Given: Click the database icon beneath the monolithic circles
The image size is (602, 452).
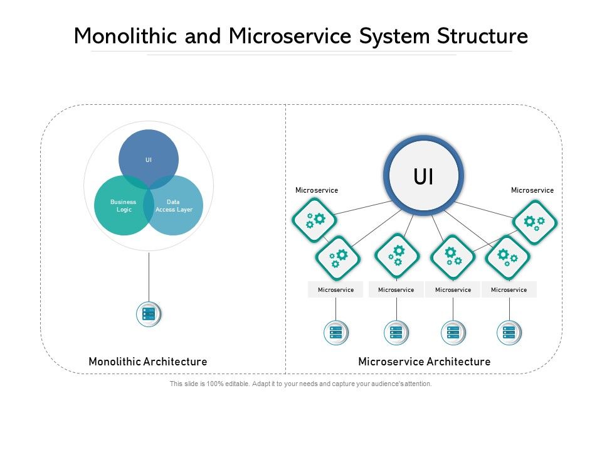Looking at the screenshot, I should pyautogui.click(x=149, y=314).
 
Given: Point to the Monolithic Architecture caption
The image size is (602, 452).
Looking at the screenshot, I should pyautogui.click(x=148, y=362).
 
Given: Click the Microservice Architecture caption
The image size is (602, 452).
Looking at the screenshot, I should pyautogui.click(x=424, y=362).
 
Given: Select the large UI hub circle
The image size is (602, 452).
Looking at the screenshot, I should pyautogui.click(x=423, y=176).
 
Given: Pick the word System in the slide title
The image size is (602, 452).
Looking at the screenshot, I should pyautogui.click(x=394, y=36).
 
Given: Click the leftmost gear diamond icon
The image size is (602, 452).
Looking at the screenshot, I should pyautogui.click(x=314, y=220).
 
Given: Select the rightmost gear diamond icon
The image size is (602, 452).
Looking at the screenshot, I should pyautogui.click(x=535, y=222).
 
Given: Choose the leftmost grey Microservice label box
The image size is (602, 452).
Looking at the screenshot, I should pyautogui.click(x=335, y=289).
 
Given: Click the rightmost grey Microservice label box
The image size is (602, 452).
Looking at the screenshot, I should pyautogui.click(x=509, y=289).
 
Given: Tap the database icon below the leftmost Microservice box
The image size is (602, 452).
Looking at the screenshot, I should pyautogui.click(x=335, y=333).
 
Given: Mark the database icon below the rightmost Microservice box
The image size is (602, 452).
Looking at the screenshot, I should pyautogui.click(x=509, y=333).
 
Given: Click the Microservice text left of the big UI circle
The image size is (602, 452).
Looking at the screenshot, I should pyautogui.click(x=317, y=190).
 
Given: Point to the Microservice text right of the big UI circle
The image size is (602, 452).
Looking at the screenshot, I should pyautogui.click(x=532, y=190).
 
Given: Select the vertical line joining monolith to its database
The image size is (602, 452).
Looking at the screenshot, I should pyautogui.click(x=149, y=276).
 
